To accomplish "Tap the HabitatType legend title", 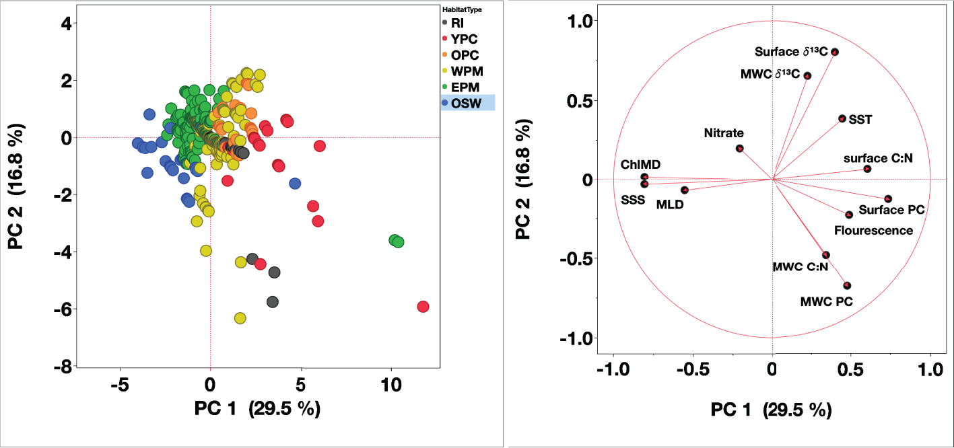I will tap(462, 9).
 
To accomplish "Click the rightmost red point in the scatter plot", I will tap(423, 307).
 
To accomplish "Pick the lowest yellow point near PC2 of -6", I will tap(240, 318).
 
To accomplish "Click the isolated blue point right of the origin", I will tap(295, 184).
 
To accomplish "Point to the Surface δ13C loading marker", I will tap(835, 52).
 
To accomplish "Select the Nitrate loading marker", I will tap(739, 148).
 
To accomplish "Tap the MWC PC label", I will tap(826, 302).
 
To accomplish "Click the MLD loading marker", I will tap(684, 190).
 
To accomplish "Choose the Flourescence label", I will tap(873, 231).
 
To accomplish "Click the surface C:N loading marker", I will tap(867, 168).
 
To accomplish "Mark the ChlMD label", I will tap(640, 165).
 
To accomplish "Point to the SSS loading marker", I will tap(644, 184).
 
